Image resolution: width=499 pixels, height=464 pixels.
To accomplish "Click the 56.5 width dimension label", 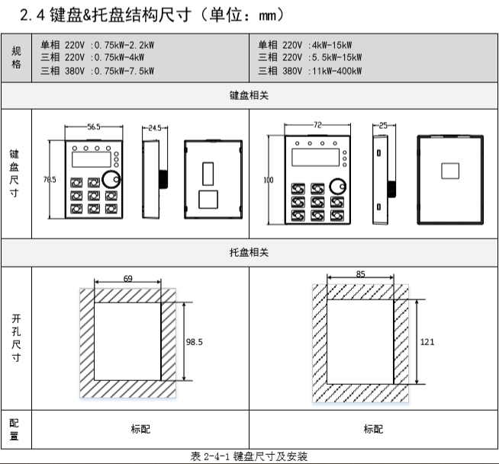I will pos(93,128).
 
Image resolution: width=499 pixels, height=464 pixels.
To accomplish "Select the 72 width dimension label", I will pos(317,123).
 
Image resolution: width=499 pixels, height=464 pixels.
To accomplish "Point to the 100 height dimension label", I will pos(268,180).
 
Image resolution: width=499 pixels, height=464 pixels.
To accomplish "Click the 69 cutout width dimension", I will pos(127,279).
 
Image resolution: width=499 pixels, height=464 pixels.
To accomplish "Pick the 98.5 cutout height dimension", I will pos(195,342).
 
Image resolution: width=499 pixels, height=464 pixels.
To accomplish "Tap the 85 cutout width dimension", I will pos(360,273).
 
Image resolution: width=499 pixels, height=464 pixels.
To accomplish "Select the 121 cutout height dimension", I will pos(427,342).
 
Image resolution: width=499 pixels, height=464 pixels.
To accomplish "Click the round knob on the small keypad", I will pos(113,180).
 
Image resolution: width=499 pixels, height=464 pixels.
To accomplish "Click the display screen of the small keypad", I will pos(88,160).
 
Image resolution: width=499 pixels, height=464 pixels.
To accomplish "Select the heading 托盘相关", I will pos(249,253).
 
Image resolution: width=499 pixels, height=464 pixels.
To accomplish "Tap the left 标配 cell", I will pos(140,428).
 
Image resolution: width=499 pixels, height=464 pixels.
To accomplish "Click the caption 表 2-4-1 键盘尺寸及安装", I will pos(249,456).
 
